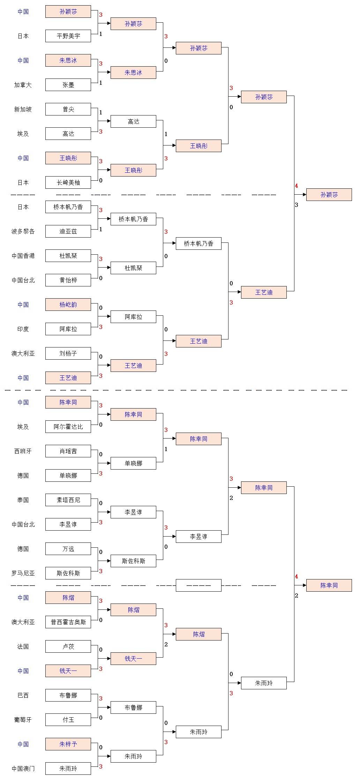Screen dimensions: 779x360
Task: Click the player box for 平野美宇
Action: click(68, 36)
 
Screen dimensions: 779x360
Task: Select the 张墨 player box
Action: click(68, 85)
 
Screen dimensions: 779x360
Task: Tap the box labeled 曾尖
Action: click(68, 109)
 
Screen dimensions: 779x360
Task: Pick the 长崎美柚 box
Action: click(68, 182)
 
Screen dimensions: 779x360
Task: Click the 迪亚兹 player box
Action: click(68, 231)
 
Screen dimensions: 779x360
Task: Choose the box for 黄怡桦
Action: click(68, 280)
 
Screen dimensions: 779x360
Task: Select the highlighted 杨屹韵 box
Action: click(68, 305)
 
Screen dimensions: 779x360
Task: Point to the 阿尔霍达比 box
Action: click(68, 427)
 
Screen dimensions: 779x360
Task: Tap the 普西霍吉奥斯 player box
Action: click(68, 622)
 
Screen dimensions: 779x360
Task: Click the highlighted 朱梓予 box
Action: click(68, 744)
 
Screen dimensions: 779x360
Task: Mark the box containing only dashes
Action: click(198, 585)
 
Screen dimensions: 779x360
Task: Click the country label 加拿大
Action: click(23, 85)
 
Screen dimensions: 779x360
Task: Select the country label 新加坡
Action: click(23, 109)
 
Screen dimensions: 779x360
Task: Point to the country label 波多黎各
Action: click(23, 231)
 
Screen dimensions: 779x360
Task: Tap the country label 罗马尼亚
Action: click(23, 573)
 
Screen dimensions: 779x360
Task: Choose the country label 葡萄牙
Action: click(23, 720)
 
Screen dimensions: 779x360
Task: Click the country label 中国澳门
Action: click(23, 769)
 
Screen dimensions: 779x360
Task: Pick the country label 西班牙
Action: click(23, 451)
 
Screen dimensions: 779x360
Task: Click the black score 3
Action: click(297, 205)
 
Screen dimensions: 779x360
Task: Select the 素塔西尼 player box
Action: click(68, 500)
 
